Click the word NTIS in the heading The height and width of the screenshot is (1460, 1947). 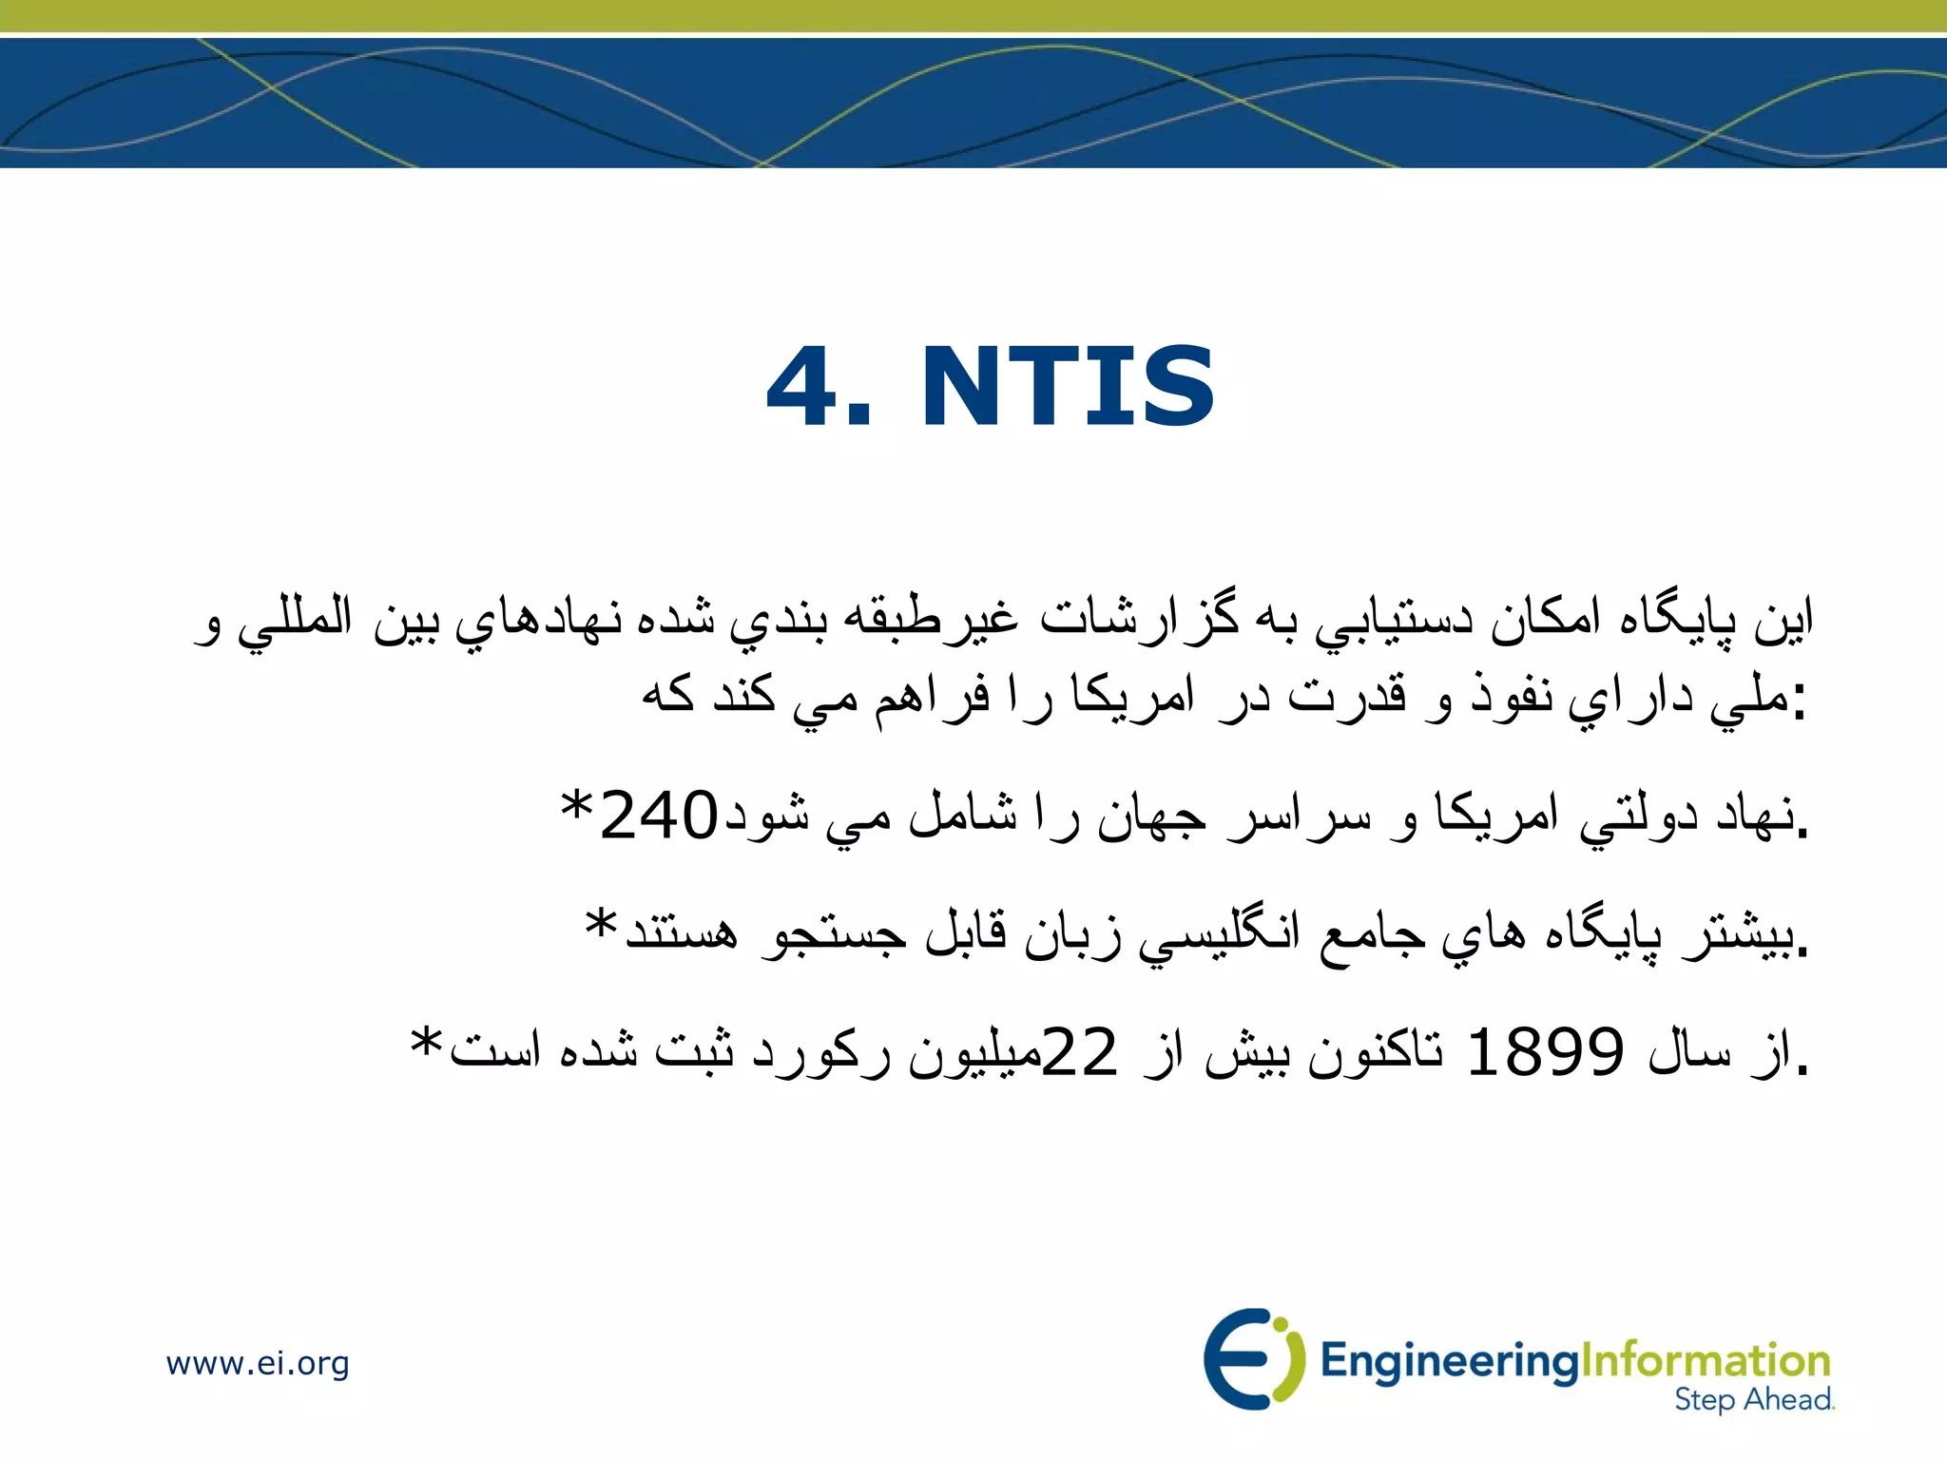tap(1068, 387)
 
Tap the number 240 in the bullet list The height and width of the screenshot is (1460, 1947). tap(659, 816)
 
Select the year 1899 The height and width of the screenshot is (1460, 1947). tap(1545, 1052)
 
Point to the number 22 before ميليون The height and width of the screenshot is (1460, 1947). tap(1080, 1052)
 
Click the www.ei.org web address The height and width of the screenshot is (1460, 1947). tap(258, 1363)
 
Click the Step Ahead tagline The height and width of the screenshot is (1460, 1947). tap(1753, 1400)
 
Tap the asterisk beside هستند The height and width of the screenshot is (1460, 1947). tap(602, 926)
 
